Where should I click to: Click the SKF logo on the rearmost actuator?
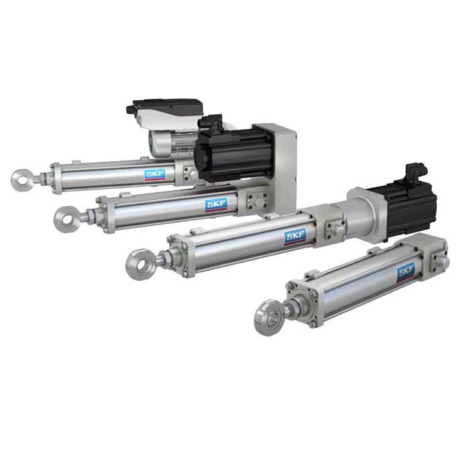point(155,175)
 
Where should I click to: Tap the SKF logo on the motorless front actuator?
point(406,272)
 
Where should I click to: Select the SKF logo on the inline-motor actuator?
point(295,236)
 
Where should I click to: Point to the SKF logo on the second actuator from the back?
point(216,205)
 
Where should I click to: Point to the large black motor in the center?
point(234,155)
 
